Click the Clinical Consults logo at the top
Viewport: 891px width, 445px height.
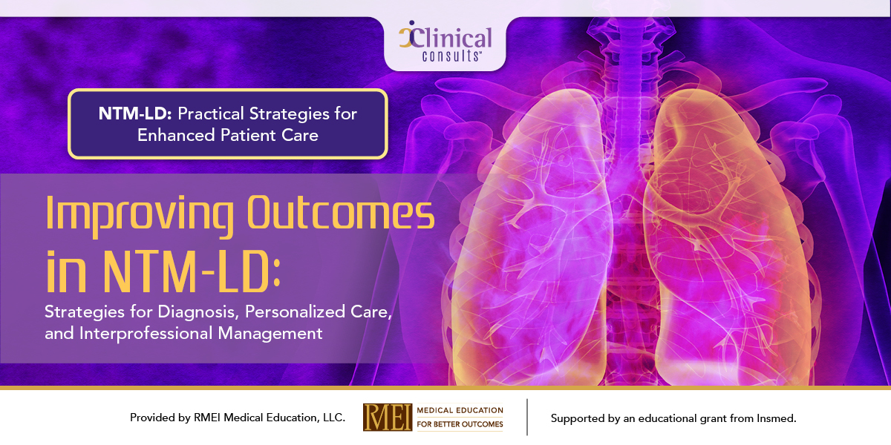pos(445,42)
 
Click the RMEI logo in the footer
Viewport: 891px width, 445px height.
pos(388,417)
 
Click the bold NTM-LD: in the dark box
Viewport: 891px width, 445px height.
pos(135,113)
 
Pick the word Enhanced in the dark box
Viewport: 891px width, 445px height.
pos(176,135)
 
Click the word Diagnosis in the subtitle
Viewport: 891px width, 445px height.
pos(198,312)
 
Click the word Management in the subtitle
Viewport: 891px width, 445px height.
pos(270,333)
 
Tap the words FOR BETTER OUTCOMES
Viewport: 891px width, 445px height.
pos(460,424)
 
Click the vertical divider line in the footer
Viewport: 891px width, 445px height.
pos(527,417)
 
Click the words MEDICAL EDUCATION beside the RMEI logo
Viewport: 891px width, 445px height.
pos(460,410)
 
